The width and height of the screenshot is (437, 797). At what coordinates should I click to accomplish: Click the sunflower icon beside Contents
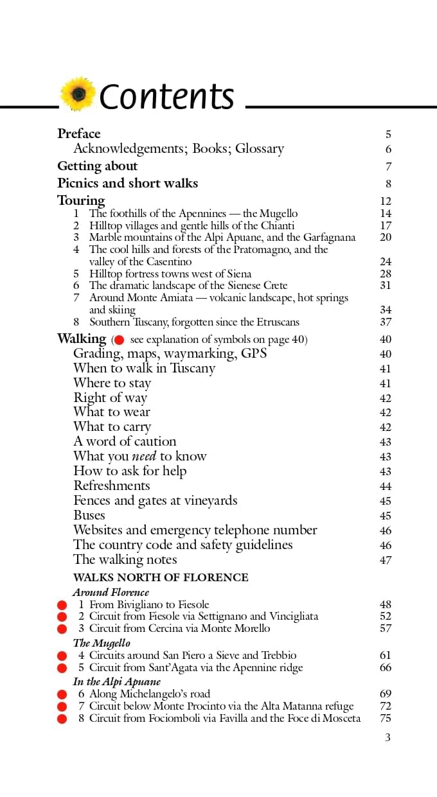point(78,94)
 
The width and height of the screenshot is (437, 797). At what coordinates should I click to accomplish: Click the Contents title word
point(167,96)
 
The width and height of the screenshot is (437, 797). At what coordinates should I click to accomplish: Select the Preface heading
point(79,134)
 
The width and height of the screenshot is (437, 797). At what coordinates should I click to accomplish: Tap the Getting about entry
point(98,166)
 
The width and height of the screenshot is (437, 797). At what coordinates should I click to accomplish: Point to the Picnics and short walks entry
point(128,183)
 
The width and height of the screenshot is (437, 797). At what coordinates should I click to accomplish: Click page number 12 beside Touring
point(386,201)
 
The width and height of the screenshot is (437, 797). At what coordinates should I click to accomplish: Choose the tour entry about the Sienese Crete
point(188,285)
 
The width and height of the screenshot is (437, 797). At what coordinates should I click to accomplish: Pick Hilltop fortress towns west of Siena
point(170,274)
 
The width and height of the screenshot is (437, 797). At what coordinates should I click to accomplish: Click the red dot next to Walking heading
point(119,340)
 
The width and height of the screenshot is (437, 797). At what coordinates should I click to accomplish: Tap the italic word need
point(145,457)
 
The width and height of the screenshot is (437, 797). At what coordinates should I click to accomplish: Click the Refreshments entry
point(112,486)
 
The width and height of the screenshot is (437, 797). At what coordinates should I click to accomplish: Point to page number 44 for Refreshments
point(386,486)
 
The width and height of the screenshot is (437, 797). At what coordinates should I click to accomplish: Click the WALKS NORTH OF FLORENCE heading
point(161,577)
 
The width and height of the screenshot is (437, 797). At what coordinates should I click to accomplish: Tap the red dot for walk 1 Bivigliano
point(62,605)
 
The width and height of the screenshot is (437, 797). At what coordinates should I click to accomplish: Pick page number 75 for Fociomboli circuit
point(386,719)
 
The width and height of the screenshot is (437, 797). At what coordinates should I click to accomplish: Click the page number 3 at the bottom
point(388,737)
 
